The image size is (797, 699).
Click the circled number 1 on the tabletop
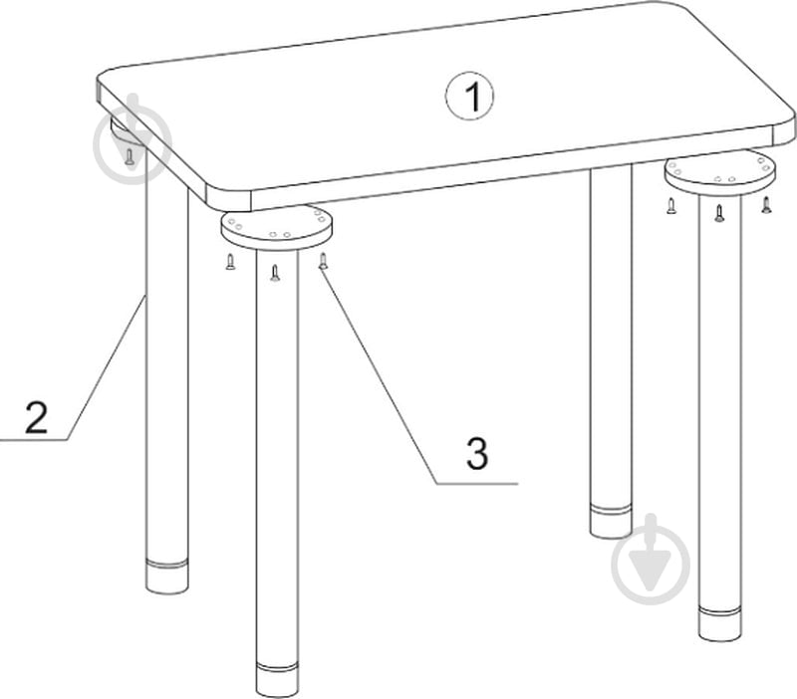pyautogui.click(x=469, y=97)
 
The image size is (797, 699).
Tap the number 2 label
pyautogui.click(x=36, y=417)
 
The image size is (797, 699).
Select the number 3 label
pyautogui.click(x=477, y=453)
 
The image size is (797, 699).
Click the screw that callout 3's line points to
pyautogui.click(x=323, y=261)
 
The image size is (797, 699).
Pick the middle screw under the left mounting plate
pyautogui.click(x=275, y=273)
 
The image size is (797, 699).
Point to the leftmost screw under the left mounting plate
pyautogui.click(x=230, y=262)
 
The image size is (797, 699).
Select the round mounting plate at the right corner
pyautogui.click(x=720, y=174)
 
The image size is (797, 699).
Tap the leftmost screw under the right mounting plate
pyautogui.click(x=671, y=205)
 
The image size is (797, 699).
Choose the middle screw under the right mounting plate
pyautogui.click(x=718, y=213)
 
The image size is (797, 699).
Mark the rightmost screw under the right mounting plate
pyautogui.click(x=766, y=205)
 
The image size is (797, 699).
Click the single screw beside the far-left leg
pyautogui.click(x=130, y=156)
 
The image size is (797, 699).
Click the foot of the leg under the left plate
pyautogui.click(x=277, y=680)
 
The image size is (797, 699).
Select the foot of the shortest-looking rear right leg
pyautogui.click(x=612, y=522)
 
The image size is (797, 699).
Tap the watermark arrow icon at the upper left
pyautogui.click(x=133, y=138)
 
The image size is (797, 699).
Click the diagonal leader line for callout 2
pyautogui.click(x=107, y=368)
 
